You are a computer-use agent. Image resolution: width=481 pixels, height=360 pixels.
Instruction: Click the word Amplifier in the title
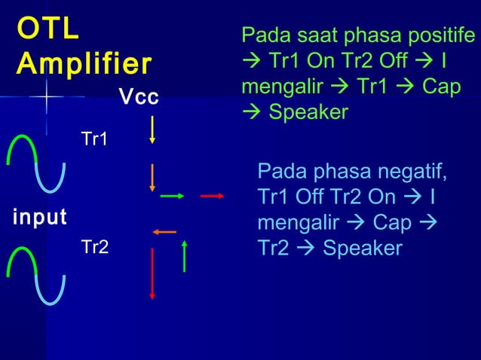pyautogui.click(x=83, y=63)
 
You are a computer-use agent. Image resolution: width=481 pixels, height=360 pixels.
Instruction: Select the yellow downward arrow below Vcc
pyautogui.click(x=153, y=129)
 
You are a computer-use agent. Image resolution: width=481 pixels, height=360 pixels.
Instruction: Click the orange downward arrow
pyautogui.click(x=152, y=177)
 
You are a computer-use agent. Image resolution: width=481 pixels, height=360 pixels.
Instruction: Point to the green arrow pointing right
pyautogui.click(x=173, y=196)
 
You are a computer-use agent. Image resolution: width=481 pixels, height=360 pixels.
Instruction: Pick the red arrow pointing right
pyautogui.click(x=213, y=196)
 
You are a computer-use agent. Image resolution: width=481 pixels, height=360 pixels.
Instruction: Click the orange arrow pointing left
pyautogui.click(x=164, y=231)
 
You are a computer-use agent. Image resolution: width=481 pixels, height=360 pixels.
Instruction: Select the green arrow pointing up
pyautogui.click(x=185, y=255)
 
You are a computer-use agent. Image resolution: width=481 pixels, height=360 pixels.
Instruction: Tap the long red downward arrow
pyautogui.click(x=152, y=273)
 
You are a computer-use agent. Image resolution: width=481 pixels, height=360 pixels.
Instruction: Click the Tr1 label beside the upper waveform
pyautogui.click(x=94, y=140)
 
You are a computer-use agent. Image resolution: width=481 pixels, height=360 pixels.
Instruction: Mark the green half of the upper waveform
pyautogui.click(x=21, y=148)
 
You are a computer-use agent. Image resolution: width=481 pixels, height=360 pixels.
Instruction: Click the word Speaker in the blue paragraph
pyautogui.click(x=362, y=249)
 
